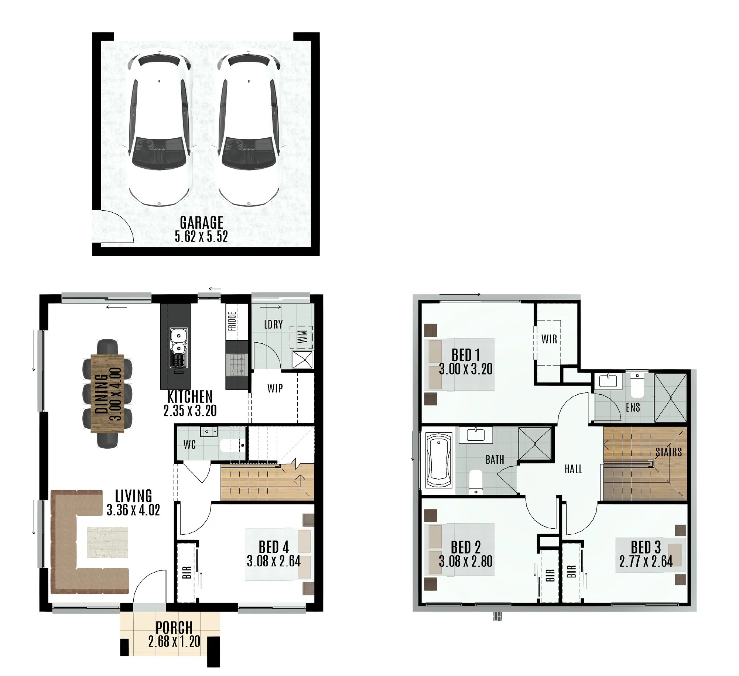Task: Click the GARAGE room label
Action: click(201, 223)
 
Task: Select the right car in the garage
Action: click(248, 129)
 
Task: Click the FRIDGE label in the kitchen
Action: click(232, 321)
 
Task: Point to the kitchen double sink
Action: click(178, 342)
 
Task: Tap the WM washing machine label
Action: click(302, 337)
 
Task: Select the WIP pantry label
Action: click(275, 388)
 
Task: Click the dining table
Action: click(107, 393)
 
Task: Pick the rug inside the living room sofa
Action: click(107, 542)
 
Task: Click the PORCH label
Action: click(174, 628)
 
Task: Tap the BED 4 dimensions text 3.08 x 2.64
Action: click(274, 562)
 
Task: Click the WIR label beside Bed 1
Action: click(549, 339)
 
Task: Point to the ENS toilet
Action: click(637, 386)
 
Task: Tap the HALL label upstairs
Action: click(573, 469)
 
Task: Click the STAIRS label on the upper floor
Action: click(668, 452)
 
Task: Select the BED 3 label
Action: click(646, 547)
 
